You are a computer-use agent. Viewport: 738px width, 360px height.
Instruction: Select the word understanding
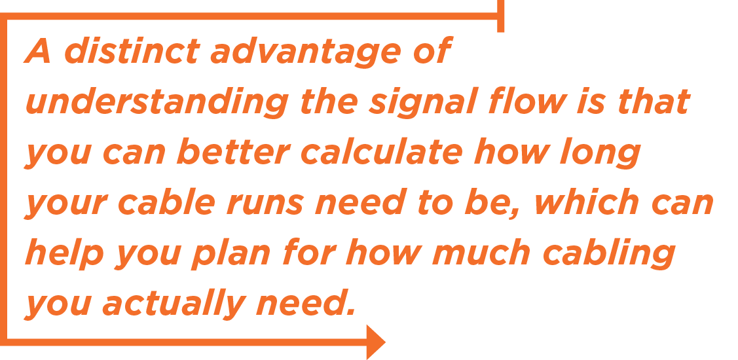(x=157, y=103)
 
